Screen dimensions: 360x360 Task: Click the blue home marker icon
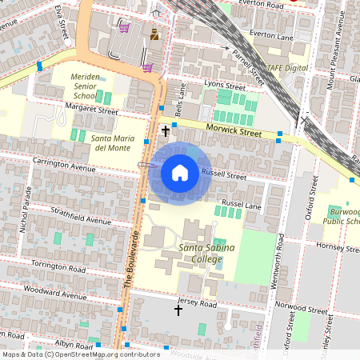(180, 173)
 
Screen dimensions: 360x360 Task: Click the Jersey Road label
(197, 305)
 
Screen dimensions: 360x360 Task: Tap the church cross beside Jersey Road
(178, 310)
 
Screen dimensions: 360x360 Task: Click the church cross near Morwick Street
(166, 130)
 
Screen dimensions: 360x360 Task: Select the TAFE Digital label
(288, 68)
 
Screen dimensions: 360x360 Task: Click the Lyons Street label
(224, 85)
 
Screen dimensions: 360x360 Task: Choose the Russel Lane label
(242, 205)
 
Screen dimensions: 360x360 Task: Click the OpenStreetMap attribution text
(70, 354)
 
